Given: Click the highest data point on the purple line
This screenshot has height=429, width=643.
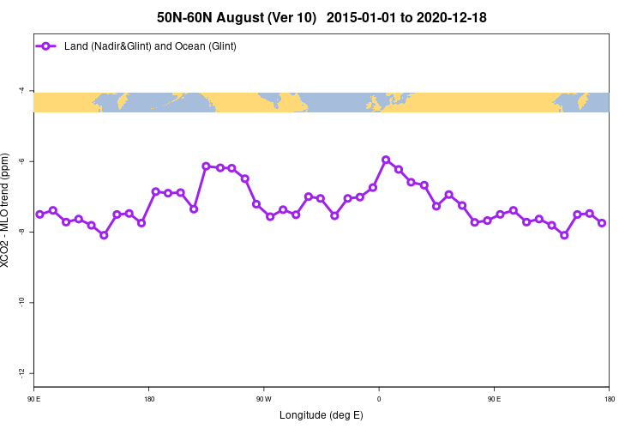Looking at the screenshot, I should pos(386,160).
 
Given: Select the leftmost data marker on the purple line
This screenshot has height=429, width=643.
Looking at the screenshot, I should pos(39,214).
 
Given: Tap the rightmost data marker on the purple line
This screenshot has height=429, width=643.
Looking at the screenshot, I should pos(602,223).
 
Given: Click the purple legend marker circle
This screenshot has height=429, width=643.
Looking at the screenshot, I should pos(47,46).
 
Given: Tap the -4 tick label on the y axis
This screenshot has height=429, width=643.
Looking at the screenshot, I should pos(21,90).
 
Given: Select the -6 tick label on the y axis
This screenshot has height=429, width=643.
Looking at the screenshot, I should pos(21,161).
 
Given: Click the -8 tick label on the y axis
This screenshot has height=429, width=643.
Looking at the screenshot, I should pos(21,232).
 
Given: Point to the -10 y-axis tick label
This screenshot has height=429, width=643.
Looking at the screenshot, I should pos(21,303).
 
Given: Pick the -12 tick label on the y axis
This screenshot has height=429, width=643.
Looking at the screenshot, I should pos(21,373).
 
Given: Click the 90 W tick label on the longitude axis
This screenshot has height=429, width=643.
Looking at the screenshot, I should pos(263,398).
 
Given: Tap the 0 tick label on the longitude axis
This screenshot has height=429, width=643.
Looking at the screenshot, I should pos(379,398).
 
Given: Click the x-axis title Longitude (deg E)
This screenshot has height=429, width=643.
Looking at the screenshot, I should pos(321,415).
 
